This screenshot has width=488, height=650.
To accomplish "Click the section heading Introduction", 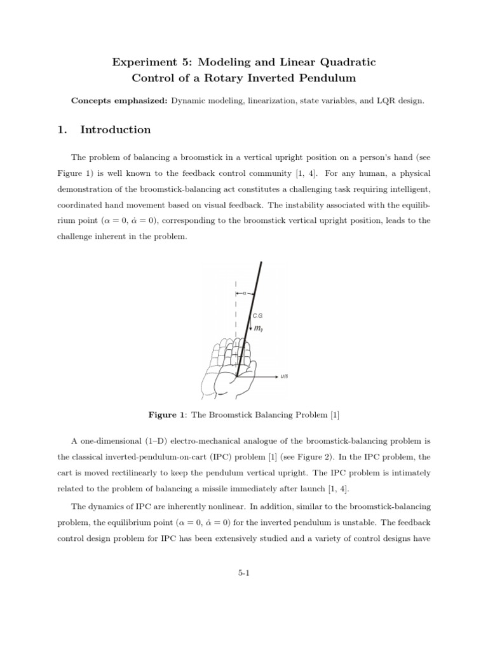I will point(116,130).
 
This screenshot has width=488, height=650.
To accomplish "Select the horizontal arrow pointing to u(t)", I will point(261,376).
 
